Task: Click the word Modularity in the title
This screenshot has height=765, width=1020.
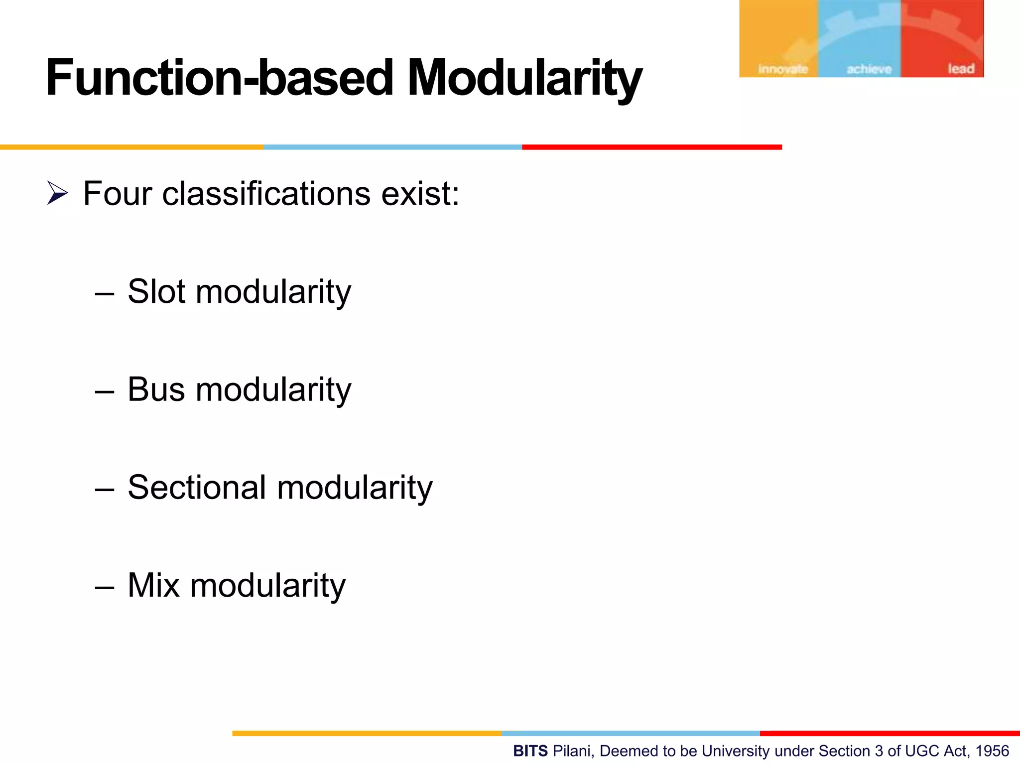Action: [x=524, y=78]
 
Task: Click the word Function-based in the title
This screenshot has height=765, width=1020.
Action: [x=219, y=78]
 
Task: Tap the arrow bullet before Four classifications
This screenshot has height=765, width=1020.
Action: [x=57, y=193]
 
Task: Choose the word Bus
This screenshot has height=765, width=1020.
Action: [x=156, y=389]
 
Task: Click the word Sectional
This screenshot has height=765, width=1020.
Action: [x=197, y=487]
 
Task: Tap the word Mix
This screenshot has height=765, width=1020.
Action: [x=153, y=585]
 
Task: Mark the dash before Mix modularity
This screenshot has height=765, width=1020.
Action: [x=105, y=588]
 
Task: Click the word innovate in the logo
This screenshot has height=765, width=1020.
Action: [x=782, y=69]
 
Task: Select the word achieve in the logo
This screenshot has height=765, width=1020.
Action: [x=869, y=69]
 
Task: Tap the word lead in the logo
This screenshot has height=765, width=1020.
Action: [x=961, y=69]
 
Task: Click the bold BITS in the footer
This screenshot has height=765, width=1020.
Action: [x=530, y=751]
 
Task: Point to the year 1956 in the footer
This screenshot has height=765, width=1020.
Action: [x=992, y=751]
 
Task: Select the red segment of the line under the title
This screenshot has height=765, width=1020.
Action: [x=651, y=147]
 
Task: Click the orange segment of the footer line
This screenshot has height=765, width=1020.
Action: [x=367, y=733]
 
